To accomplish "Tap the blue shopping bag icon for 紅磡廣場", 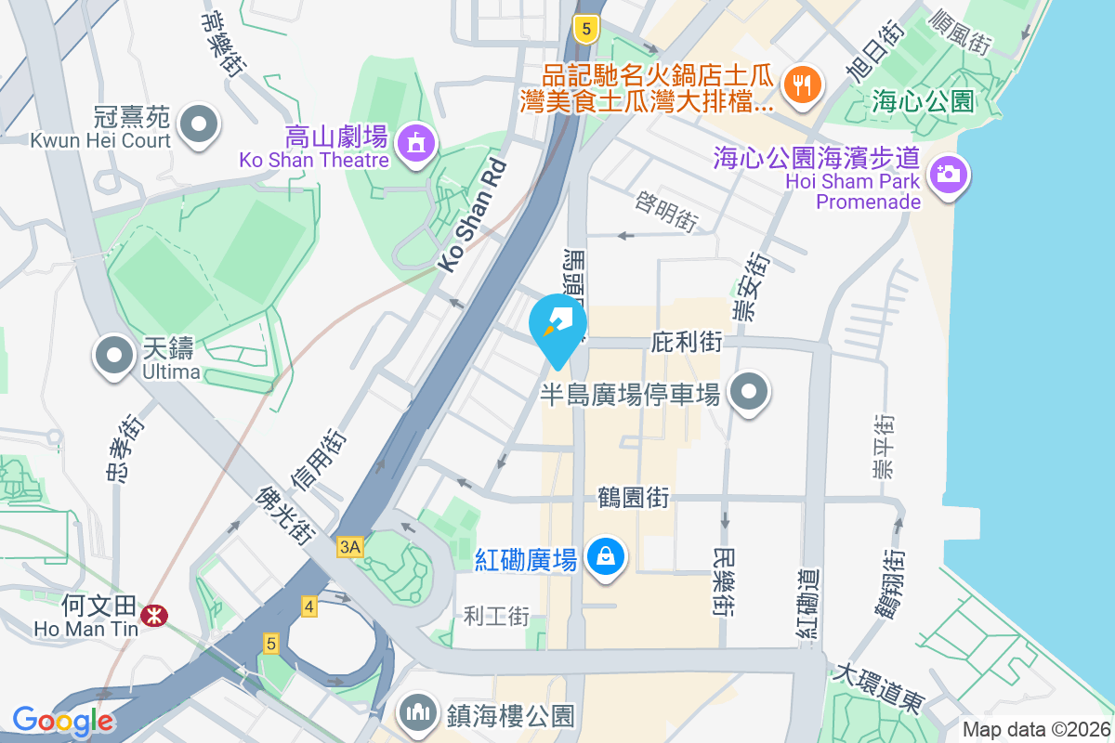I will (x=605, y=557).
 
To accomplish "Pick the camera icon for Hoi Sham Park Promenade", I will (x=947, y=174).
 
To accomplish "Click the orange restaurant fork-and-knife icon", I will (x=800, y=85).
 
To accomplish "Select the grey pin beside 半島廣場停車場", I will (x=749, y=393).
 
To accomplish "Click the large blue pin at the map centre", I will (x=557, y=326).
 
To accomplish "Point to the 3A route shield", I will (x=349, y=548).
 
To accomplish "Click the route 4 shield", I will (x=309, y=607).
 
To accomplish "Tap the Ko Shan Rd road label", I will (x=474, y=215).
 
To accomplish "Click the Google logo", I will (x=63, y=720).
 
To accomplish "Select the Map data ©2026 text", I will (x=1035, y=730).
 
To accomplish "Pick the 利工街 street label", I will (x=496, y=615).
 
